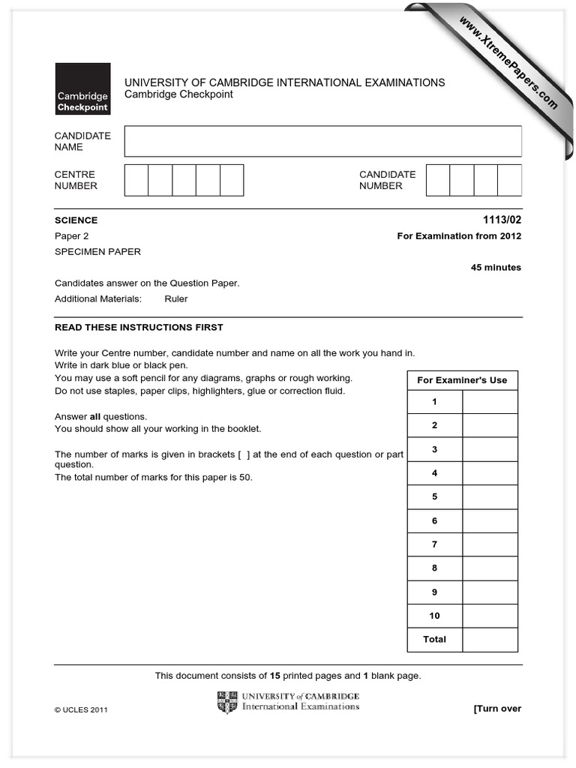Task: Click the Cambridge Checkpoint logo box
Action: tap(82, 88)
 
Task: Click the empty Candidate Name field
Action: tap(322, 141)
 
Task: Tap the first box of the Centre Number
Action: tap(136, 180)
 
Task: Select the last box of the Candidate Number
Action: tap(509, 180)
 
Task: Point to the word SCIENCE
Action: tap(76, 220)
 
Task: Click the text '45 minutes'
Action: tap(496, 268)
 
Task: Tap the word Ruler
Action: tap(176, 298)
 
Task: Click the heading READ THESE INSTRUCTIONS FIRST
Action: tap(139, 328)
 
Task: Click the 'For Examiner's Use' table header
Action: tap(462, 380)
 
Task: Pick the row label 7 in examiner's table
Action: tap(434, 544)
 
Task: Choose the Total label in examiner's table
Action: tap(434, 640)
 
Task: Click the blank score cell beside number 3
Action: tap(490, 449)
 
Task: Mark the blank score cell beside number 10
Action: tap(490, 616)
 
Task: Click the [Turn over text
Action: tap(496, 709)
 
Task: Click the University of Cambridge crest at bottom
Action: tap(227, 703)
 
